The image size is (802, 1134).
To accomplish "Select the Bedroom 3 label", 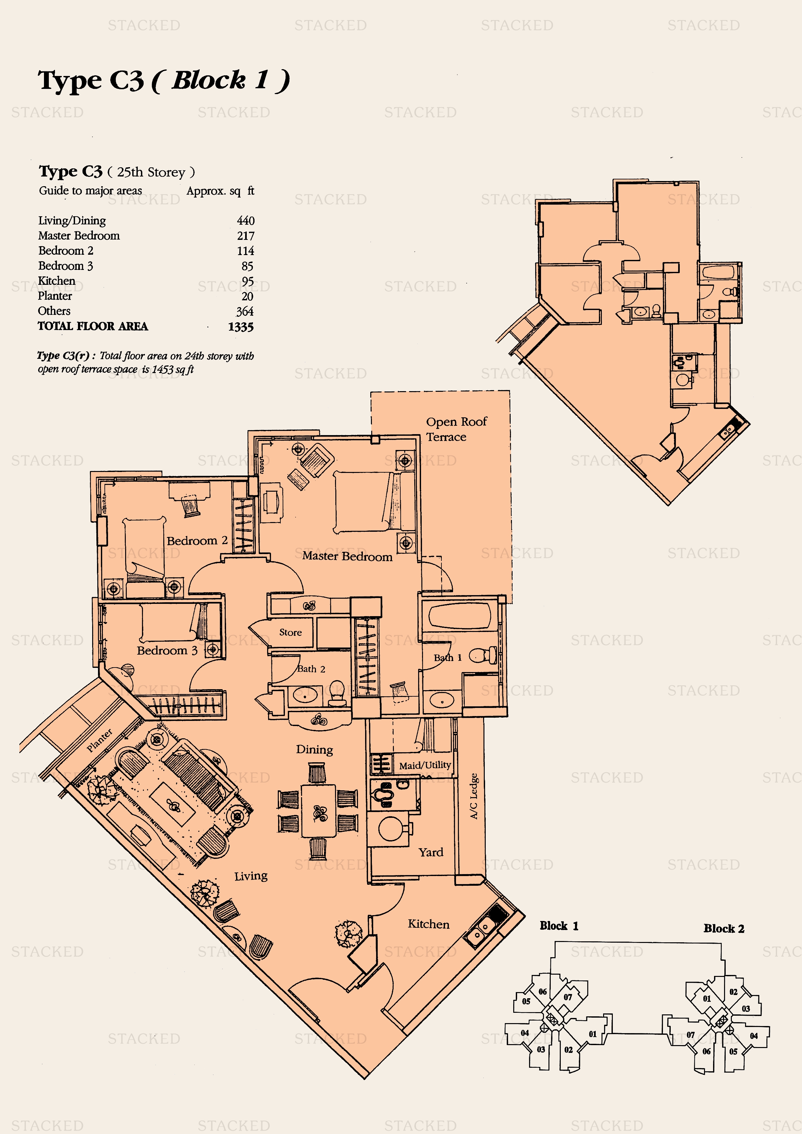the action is tap(167, 650).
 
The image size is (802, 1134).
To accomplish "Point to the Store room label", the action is tap(290, 632).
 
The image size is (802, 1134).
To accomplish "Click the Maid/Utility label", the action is tap(425, 765).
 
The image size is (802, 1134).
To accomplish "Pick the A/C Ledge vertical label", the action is tap(474, 796).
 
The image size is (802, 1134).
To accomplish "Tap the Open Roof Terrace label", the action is tap(456, 429).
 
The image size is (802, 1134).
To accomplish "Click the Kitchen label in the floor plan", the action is tap(428, 924).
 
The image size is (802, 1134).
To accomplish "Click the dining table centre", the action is tap(319, 811).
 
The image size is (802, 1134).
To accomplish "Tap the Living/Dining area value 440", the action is tap(245, 221).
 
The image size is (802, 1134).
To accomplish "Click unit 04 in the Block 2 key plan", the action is tap(753, 1036).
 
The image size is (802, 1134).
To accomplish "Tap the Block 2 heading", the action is tap(724, 928).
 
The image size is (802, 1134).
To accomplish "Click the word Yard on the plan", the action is tap(431, 852).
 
